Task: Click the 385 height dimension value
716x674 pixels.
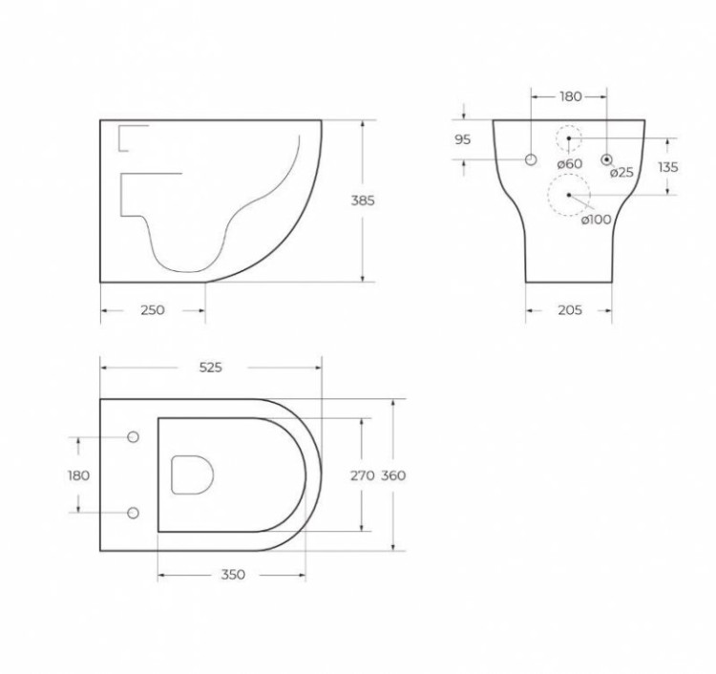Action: tap(363, 201)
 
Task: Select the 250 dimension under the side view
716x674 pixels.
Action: tap(153, 310)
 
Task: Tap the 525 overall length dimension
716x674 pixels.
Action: tap(210, 369)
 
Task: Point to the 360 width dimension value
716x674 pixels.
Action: tap(394, 475)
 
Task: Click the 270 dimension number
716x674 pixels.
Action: tap(361, 475)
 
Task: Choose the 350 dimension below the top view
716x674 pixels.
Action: tap(233, 575)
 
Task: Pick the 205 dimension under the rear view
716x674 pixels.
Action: tap(570, 310)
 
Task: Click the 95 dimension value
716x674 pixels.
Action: tap(463, 139)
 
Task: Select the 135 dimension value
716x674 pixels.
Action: tap(668, 167)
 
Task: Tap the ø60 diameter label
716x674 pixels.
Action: tap(570, 163)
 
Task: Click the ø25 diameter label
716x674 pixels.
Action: tap(621, 172)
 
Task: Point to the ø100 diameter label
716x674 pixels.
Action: tap(597, 220)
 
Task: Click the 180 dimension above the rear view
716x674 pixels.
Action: tap(570, 96)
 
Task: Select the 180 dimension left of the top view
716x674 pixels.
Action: tap(78, 475)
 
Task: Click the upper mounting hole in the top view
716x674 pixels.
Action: tap(133, 437)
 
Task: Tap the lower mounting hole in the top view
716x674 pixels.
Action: tap(133, 513)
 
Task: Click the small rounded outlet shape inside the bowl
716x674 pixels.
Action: tap(192, 474)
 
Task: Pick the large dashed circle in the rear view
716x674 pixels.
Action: tap(568, 196)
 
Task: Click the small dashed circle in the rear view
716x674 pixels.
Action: tap(569, 138)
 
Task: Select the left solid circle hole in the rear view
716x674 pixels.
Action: tap(531, 158)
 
